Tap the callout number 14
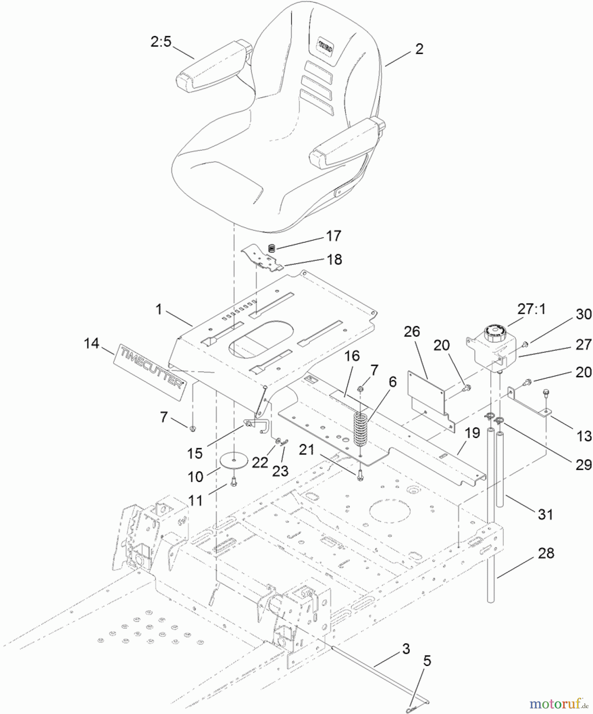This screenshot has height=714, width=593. (x=92, y=343)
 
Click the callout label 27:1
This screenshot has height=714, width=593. (x=531, y=309)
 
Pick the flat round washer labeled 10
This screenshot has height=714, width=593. (x=234, y=461)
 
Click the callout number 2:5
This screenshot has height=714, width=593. (x=161, y=41)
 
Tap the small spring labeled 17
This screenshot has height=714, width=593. (x=272, y=248)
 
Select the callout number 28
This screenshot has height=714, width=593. (x=546, y=553)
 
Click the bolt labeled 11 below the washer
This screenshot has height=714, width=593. (x=233, y=483)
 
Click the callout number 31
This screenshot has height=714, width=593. (x=545, y=514)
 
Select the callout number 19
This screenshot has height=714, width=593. (x=472, y=433)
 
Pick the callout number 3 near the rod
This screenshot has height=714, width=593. (x=405, y=649)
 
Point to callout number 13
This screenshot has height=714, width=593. (x=583, y=436)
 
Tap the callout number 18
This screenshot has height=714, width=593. (x=334, y=259)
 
